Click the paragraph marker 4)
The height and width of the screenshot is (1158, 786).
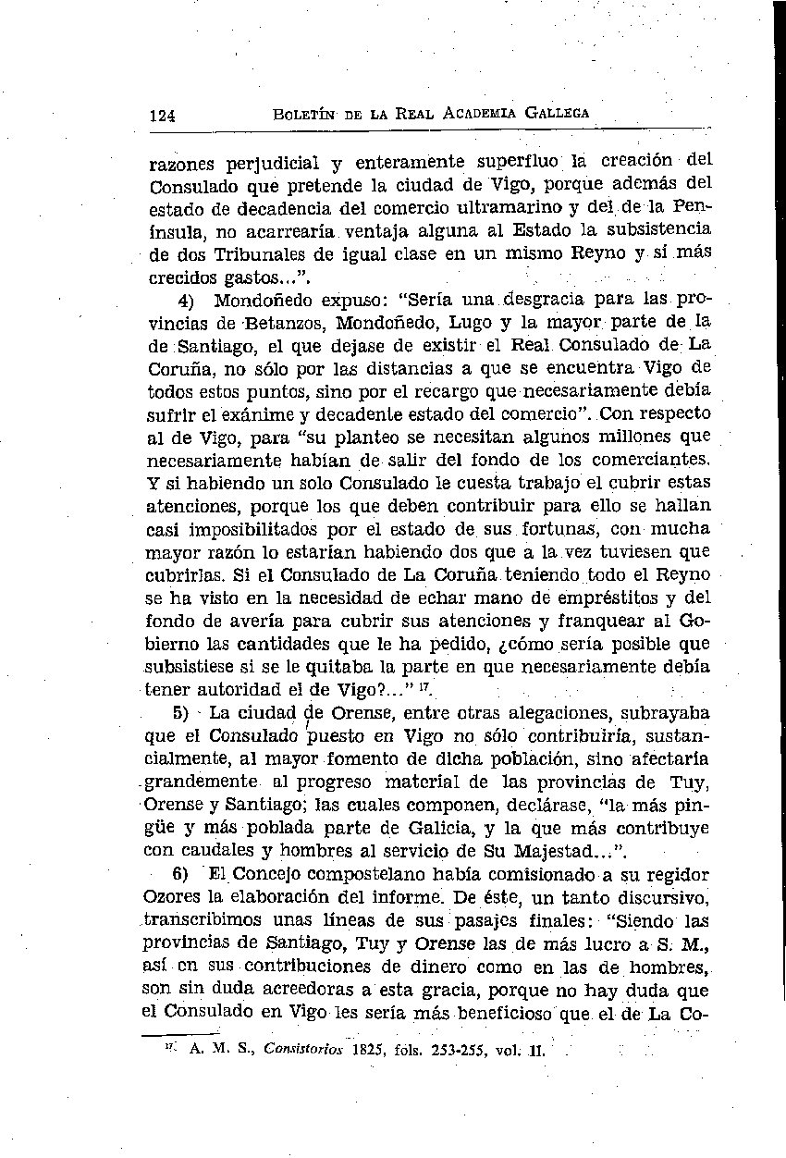point(185,301)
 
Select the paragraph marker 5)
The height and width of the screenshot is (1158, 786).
point(182,713)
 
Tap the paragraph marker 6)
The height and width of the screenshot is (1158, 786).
point(182,874)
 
